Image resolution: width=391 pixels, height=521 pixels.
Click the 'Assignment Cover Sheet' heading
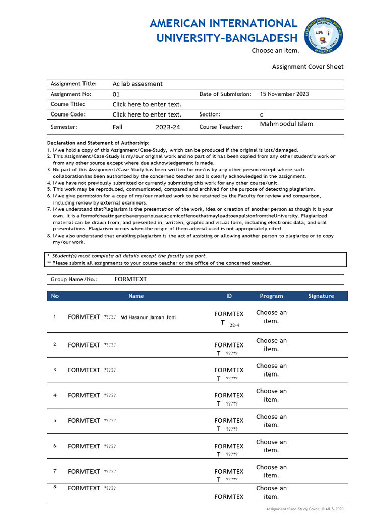coord(308,67)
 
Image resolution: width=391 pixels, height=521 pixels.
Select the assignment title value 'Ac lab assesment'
coord(137,84)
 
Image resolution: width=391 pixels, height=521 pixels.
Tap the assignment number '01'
coord(116,94)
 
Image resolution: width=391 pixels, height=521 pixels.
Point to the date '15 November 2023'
coord(284,94)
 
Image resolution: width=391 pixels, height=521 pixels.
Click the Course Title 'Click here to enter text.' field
coord(147,104)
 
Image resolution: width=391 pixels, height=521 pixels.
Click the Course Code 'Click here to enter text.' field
coord(147,114)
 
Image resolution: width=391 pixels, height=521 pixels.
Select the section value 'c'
coord(262,114)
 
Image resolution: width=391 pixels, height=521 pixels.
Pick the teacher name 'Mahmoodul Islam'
coord(287,124)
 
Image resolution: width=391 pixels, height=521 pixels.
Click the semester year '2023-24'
coord(168,127)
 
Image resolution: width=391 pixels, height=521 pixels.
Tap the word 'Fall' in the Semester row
coord(117,127)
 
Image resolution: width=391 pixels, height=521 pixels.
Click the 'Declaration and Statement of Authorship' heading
coord(98,143)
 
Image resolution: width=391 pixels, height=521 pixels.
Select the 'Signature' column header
coord(321,296)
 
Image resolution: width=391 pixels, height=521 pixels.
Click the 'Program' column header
coord(271,296)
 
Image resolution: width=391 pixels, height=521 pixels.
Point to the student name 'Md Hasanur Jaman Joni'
coord(148,317)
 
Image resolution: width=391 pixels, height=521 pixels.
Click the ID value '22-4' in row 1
coord(234,325)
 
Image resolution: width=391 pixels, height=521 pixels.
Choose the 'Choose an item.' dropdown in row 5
coord(271,420)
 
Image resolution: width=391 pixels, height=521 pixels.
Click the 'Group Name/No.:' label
coord(74,279)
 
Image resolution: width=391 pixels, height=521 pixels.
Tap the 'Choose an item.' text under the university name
coord(275,51)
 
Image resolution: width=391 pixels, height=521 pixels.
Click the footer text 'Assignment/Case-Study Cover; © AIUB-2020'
coord(305,509)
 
